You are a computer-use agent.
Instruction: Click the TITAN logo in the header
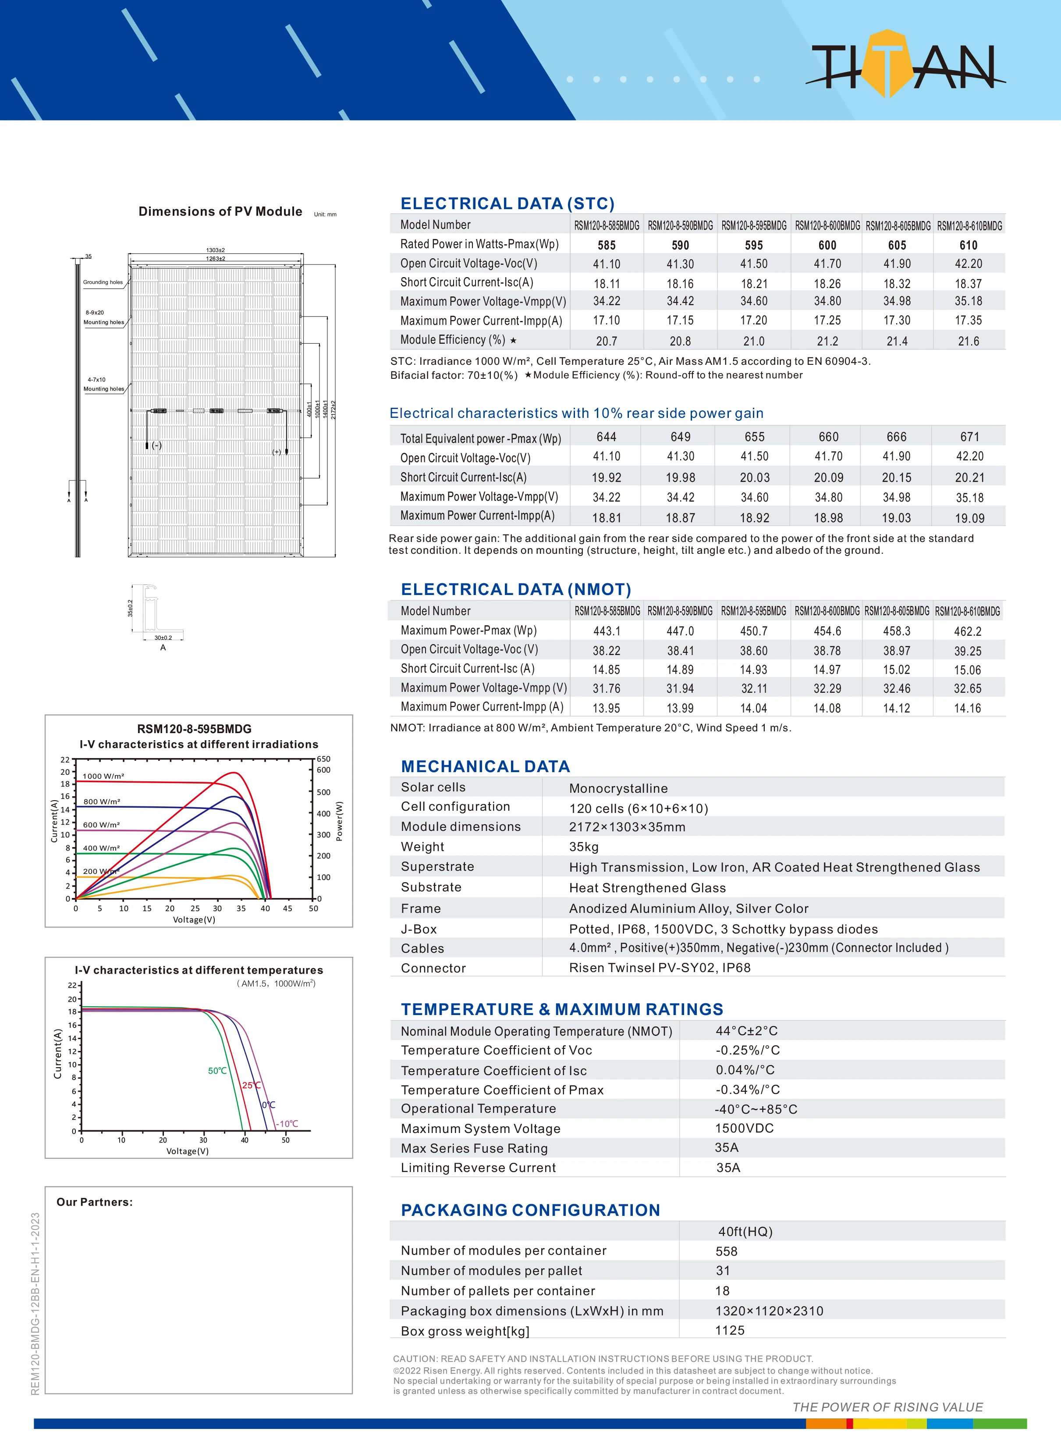[904, 65]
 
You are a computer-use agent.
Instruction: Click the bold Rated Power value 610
[968, 245]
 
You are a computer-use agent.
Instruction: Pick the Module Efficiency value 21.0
[753, 341]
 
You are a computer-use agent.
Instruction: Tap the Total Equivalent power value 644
[606, 437]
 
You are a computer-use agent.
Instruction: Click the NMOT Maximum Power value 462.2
[967, 631]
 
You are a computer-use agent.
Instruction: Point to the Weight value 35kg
[583, 847]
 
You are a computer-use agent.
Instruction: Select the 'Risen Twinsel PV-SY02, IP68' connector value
[660, 968]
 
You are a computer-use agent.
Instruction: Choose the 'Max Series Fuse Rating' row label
[474, 1148]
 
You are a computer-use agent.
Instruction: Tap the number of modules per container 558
[726, 1251]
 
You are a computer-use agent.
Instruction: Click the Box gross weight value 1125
[730, 1330]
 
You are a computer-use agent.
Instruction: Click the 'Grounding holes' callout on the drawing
[103, 282]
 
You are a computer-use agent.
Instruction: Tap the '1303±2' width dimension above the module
[215, 250]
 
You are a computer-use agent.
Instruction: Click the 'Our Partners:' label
[94, 1202]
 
